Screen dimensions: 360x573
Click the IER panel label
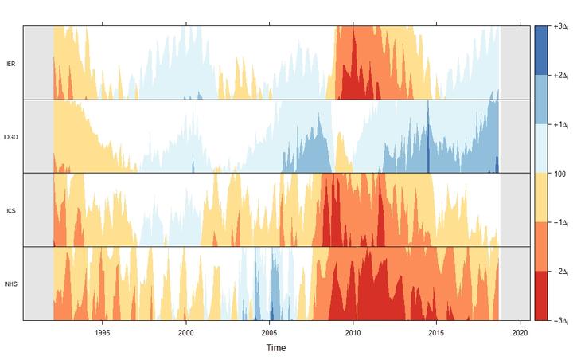coord(10,63)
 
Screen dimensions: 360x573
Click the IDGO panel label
coord(10,137)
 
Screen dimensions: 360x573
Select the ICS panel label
coord(10,211)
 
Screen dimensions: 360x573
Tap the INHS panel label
coord(10,284)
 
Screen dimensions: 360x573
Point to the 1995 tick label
coord(102,333)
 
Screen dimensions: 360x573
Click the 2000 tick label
coord(185,333)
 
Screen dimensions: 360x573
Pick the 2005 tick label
coord(269,333)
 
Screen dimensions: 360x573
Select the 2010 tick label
coord(353,333)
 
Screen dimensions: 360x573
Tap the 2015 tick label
coord(436,333)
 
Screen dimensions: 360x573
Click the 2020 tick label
coord(520,333)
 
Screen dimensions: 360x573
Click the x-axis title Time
coord(276,348)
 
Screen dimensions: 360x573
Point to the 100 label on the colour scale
coord(558,173)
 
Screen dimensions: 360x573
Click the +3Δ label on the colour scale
coord(559,27)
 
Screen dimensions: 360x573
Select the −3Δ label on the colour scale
coord(559,320)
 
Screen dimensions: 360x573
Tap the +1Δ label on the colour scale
coord(559,124)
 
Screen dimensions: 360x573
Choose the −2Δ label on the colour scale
coord(559,272)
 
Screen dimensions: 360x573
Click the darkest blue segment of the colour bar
coord(540,50)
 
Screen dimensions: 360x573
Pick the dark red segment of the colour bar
coord(540,295)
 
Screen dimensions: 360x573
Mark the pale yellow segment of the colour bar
coord(540,198)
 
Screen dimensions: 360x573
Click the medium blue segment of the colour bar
coord(540,100)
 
